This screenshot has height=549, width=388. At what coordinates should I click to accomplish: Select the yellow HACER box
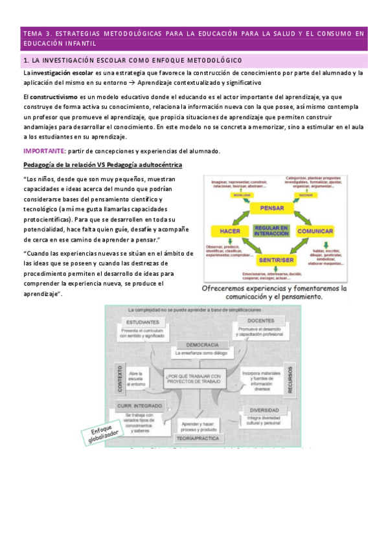point(231,231)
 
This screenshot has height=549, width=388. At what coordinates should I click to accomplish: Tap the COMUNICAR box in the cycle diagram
point(315,231)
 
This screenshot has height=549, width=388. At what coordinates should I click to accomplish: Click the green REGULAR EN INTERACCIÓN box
point(272,231)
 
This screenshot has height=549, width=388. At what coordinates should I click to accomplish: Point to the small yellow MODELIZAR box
point(241,194)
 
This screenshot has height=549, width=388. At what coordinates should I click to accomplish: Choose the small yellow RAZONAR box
point(302,194)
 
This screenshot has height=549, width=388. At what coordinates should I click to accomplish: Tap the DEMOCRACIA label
point(201,344)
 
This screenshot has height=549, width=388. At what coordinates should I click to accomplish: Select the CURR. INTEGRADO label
point(139,405)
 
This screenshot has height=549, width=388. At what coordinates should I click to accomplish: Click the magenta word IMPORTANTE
point(43,151)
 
